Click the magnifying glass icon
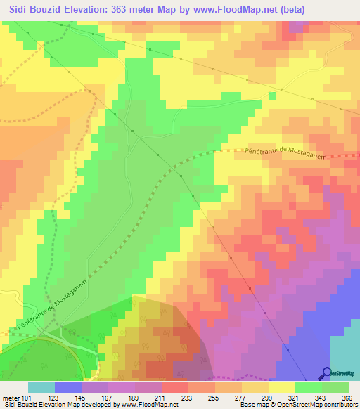[327, 373]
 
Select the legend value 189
[137, 397]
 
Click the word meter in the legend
[11, 397]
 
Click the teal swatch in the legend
[41, 387]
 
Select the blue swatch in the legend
[68, 387]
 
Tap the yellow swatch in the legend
[282, 387]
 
